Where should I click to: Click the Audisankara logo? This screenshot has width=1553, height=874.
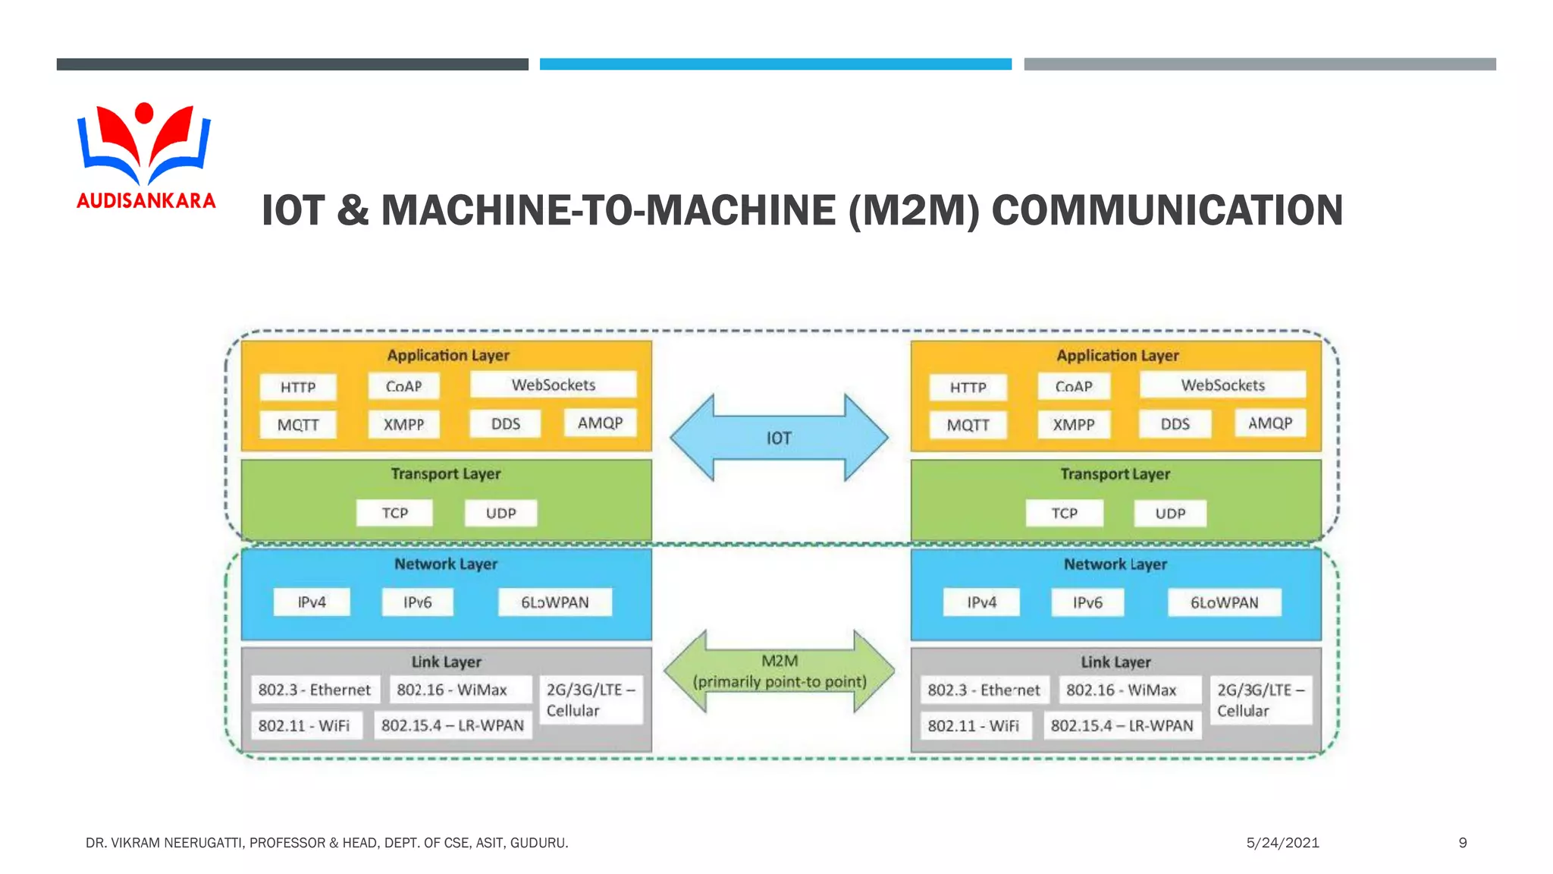coord(145,155)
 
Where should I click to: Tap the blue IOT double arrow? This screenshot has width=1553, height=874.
coord(779,438)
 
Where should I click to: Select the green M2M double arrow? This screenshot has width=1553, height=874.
coord(779,671)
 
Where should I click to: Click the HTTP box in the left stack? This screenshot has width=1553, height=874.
coord(298,387)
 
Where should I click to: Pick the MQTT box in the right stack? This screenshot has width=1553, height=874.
coord(968,425)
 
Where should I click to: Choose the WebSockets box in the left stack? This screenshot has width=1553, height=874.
coord(553,385)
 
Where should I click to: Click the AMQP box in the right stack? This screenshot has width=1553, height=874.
coord(1270,423)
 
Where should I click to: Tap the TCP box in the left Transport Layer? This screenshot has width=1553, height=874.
coord(394,513)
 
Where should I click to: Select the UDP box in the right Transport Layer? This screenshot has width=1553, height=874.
coord(1170,513)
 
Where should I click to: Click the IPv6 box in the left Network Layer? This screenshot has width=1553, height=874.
coord(417,602)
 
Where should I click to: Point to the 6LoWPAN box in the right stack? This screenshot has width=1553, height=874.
coord(1224,602)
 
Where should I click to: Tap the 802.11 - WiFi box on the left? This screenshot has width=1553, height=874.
coord(304,725)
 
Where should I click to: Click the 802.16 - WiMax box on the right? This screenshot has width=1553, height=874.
coord(1122,690)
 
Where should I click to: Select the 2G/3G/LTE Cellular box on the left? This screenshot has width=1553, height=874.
coord(589,700)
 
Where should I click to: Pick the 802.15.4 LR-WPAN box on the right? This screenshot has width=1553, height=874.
coord(1122,725)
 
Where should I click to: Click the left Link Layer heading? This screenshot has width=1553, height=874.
coord(446,662)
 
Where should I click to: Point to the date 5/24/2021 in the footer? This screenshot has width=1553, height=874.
coord(1282,842)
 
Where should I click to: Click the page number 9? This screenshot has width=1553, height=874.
coord(1462,842)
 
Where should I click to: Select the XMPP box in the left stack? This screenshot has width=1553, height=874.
coord(403,424)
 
